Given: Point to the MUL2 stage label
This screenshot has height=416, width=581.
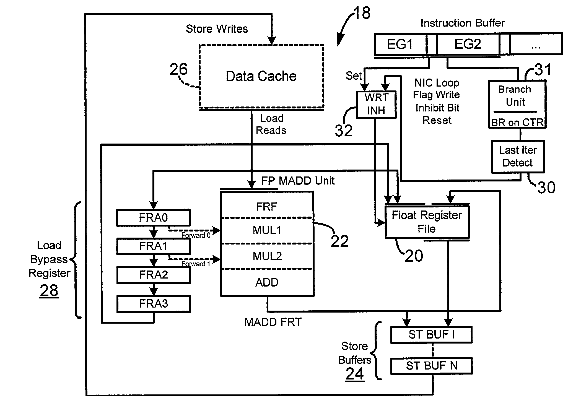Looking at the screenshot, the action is (x=267, y=256).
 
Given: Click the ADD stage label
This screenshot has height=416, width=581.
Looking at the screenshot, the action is (x=267, y=282).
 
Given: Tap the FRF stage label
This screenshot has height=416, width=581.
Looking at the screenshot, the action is (x=266, y=207).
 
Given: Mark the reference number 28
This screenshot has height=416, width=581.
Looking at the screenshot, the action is (x=49, y=290).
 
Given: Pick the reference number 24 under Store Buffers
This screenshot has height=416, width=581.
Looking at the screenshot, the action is (x=355, y=374).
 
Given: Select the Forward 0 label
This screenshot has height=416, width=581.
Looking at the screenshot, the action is (x=196, y=235).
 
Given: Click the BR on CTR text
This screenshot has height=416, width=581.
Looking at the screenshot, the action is (x=517, y=122).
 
